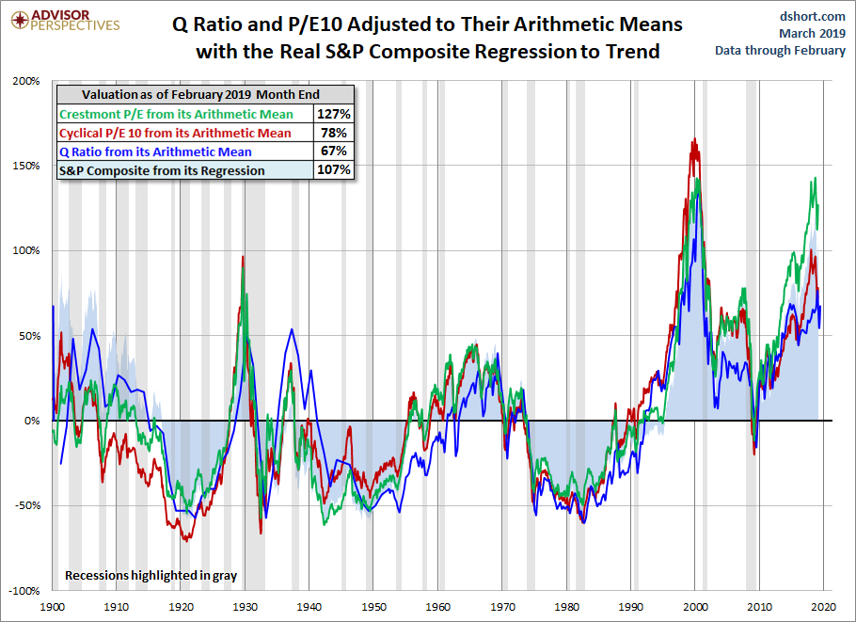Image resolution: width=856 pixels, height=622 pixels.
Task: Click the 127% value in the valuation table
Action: tap(335, 114)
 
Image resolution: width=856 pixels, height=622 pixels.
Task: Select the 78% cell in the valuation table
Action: tap(335, 133)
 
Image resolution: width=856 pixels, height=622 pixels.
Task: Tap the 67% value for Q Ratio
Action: tap(335, 152)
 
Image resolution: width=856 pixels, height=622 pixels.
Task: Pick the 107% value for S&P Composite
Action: tap(335, 170)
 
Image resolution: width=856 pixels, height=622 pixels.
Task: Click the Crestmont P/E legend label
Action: tap(176, 114)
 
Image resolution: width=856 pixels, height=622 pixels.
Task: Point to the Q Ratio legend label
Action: tap(155, 152)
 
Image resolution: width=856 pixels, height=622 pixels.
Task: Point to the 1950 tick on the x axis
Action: tap(374, 607)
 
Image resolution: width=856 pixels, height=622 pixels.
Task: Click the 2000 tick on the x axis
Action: tap(696, 607)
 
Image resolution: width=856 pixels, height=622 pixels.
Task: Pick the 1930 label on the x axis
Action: tap(246, 607)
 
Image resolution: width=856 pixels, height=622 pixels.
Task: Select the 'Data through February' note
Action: tap(781, 50)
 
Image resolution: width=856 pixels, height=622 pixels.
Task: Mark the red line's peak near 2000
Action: tap(694, 140)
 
